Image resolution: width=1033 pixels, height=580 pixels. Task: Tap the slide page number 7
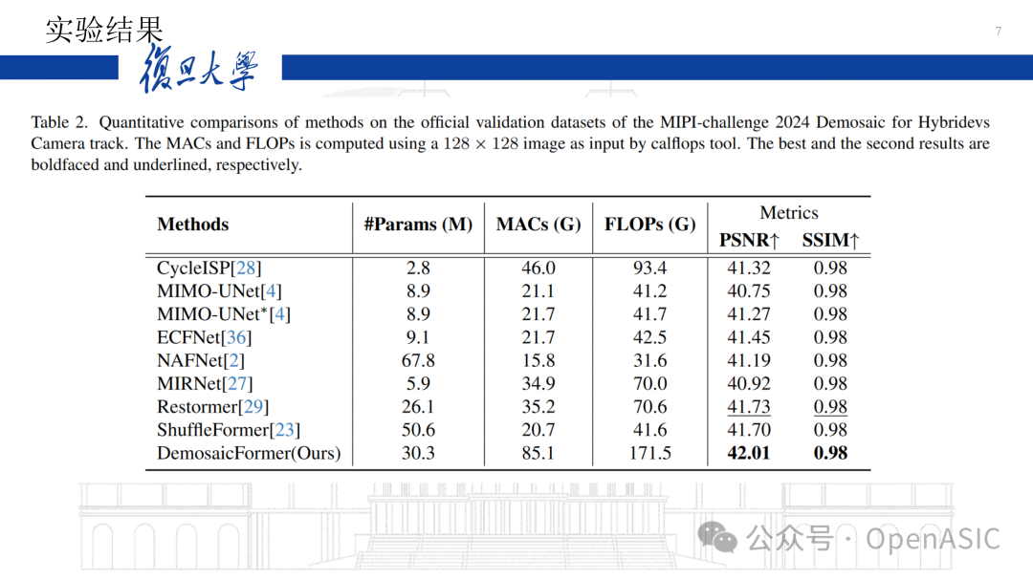(x=998, y=32)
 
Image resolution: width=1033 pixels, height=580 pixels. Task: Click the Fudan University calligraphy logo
(x=199, y=72)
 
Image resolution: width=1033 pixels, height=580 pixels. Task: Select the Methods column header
(x=193, y=225)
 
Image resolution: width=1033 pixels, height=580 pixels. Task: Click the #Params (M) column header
(x=418, y=225)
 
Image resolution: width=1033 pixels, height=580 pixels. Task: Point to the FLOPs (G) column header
(x=649, y=225)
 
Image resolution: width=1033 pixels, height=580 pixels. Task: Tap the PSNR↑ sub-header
(x=749, y=240)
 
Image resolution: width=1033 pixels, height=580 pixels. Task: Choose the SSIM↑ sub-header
(x=830, y=240)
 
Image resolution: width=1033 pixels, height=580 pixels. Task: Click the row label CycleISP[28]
(x=209, y=268)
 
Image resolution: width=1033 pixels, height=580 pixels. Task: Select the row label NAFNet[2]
(x=201, y=360)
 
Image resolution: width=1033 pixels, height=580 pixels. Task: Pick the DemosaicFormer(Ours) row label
(x=249, y=453)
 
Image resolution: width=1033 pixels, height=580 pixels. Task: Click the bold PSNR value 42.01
(x=748, y=453)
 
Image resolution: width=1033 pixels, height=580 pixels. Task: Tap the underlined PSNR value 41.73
(x=748, y=407)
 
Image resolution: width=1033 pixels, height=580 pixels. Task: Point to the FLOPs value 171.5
(x=649, y=453)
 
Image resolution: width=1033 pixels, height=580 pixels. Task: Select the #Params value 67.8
(x=418, y=360)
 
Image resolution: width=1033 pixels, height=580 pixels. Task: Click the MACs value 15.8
(x=538, y=360)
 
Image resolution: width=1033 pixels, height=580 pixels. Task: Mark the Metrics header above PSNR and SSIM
(x=789, y=213)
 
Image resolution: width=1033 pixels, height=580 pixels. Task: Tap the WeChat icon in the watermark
(x=717, y=537)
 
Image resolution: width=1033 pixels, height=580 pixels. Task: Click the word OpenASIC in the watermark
(x=933, y=539)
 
